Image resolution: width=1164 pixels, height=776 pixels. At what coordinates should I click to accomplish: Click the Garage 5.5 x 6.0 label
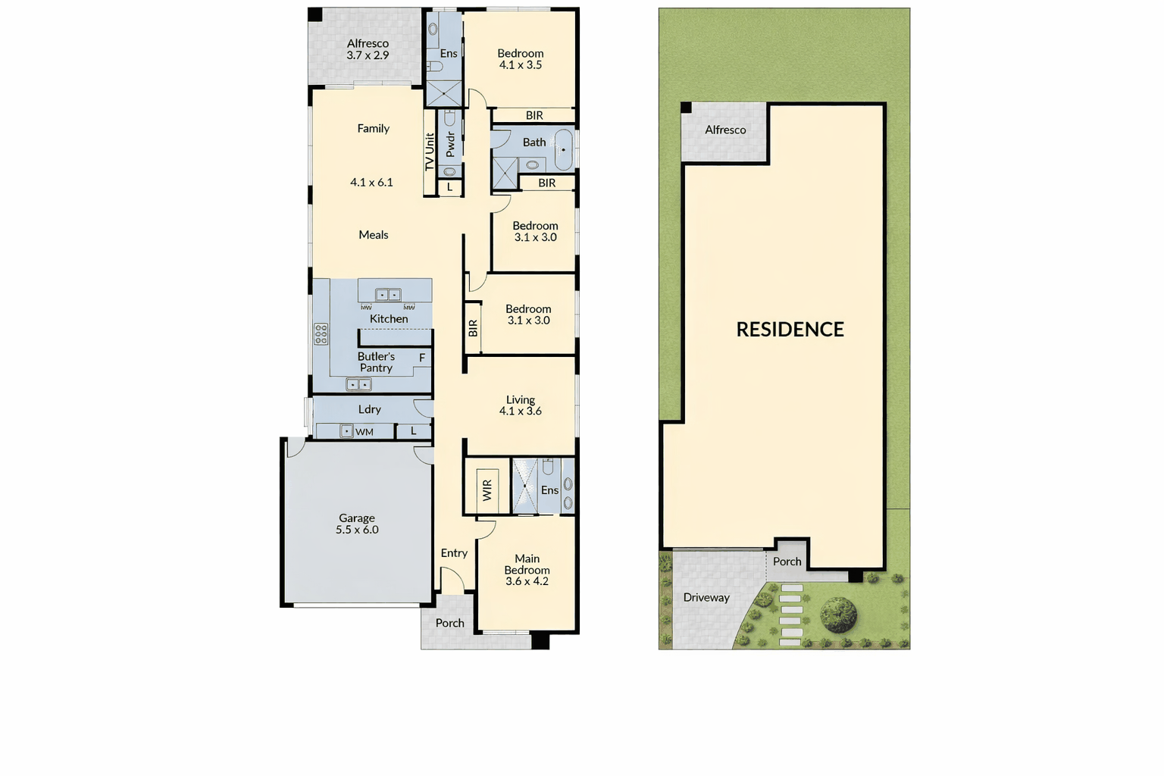[x=357, y=524]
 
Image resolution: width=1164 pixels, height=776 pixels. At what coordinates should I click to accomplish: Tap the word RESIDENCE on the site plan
[x=790, y=330]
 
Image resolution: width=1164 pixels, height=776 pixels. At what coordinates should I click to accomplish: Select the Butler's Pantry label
[x=376, y=362]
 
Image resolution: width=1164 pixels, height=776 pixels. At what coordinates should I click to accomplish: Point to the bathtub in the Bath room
[x=564, y=150]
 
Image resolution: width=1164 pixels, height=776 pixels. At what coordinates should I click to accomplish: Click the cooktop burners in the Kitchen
[x=321, y=334]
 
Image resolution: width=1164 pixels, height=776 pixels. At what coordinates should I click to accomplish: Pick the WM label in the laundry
[x=365, y=432]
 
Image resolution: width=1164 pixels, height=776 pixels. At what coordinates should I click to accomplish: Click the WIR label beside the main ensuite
[x=487, y=490]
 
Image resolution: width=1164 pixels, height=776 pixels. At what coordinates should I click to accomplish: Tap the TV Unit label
[x=429, y=152]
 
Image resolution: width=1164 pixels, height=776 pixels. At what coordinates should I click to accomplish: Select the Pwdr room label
[x=450, y=144]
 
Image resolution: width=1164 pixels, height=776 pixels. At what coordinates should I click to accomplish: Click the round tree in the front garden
[x=838, y=615]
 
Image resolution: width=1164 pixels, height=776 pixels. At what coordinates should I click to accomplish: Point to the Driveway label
[x=706, y=598]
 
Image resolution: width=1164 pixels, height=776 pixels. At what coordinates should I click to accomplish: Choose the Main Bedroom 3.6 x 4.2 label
[x=527, y=570]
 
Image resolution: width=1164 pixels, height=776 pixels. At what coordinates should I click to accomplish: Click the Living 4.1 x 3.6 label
[x=520, y=405]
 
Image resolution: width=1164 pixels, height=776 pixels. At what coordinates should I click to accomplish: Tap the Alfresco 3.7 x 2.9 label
[x=368, y=49]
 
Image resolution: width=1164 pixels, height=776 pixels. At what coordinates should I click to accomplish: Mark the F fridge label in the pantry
[x=422, y=358]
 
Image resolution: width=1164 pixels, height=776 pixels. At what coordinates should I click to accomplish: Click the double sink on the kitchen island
[x=388, y=295]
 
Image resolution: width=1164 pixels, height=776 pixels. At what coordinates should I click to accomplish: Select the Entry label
[x=454, y=553]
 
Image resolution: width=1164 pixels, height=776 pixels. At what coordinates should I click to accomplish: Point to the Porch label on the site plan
[x=787, y=562]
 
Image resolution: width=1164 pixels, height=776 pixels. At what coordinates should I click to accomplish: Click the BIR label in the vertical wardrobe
[x=472, y=328]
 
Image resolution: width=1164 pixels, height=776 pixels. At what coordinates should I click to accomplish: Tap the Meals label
[x=373, y=235]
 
